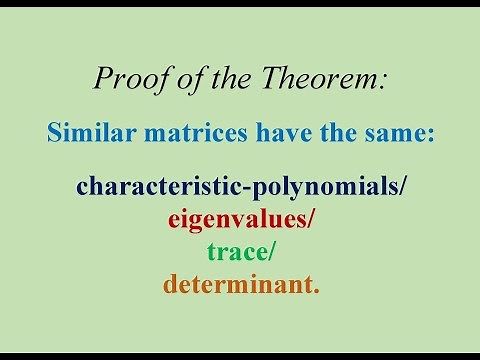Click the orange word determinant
pos(238,286)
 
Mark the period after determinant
pos(317,292)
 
